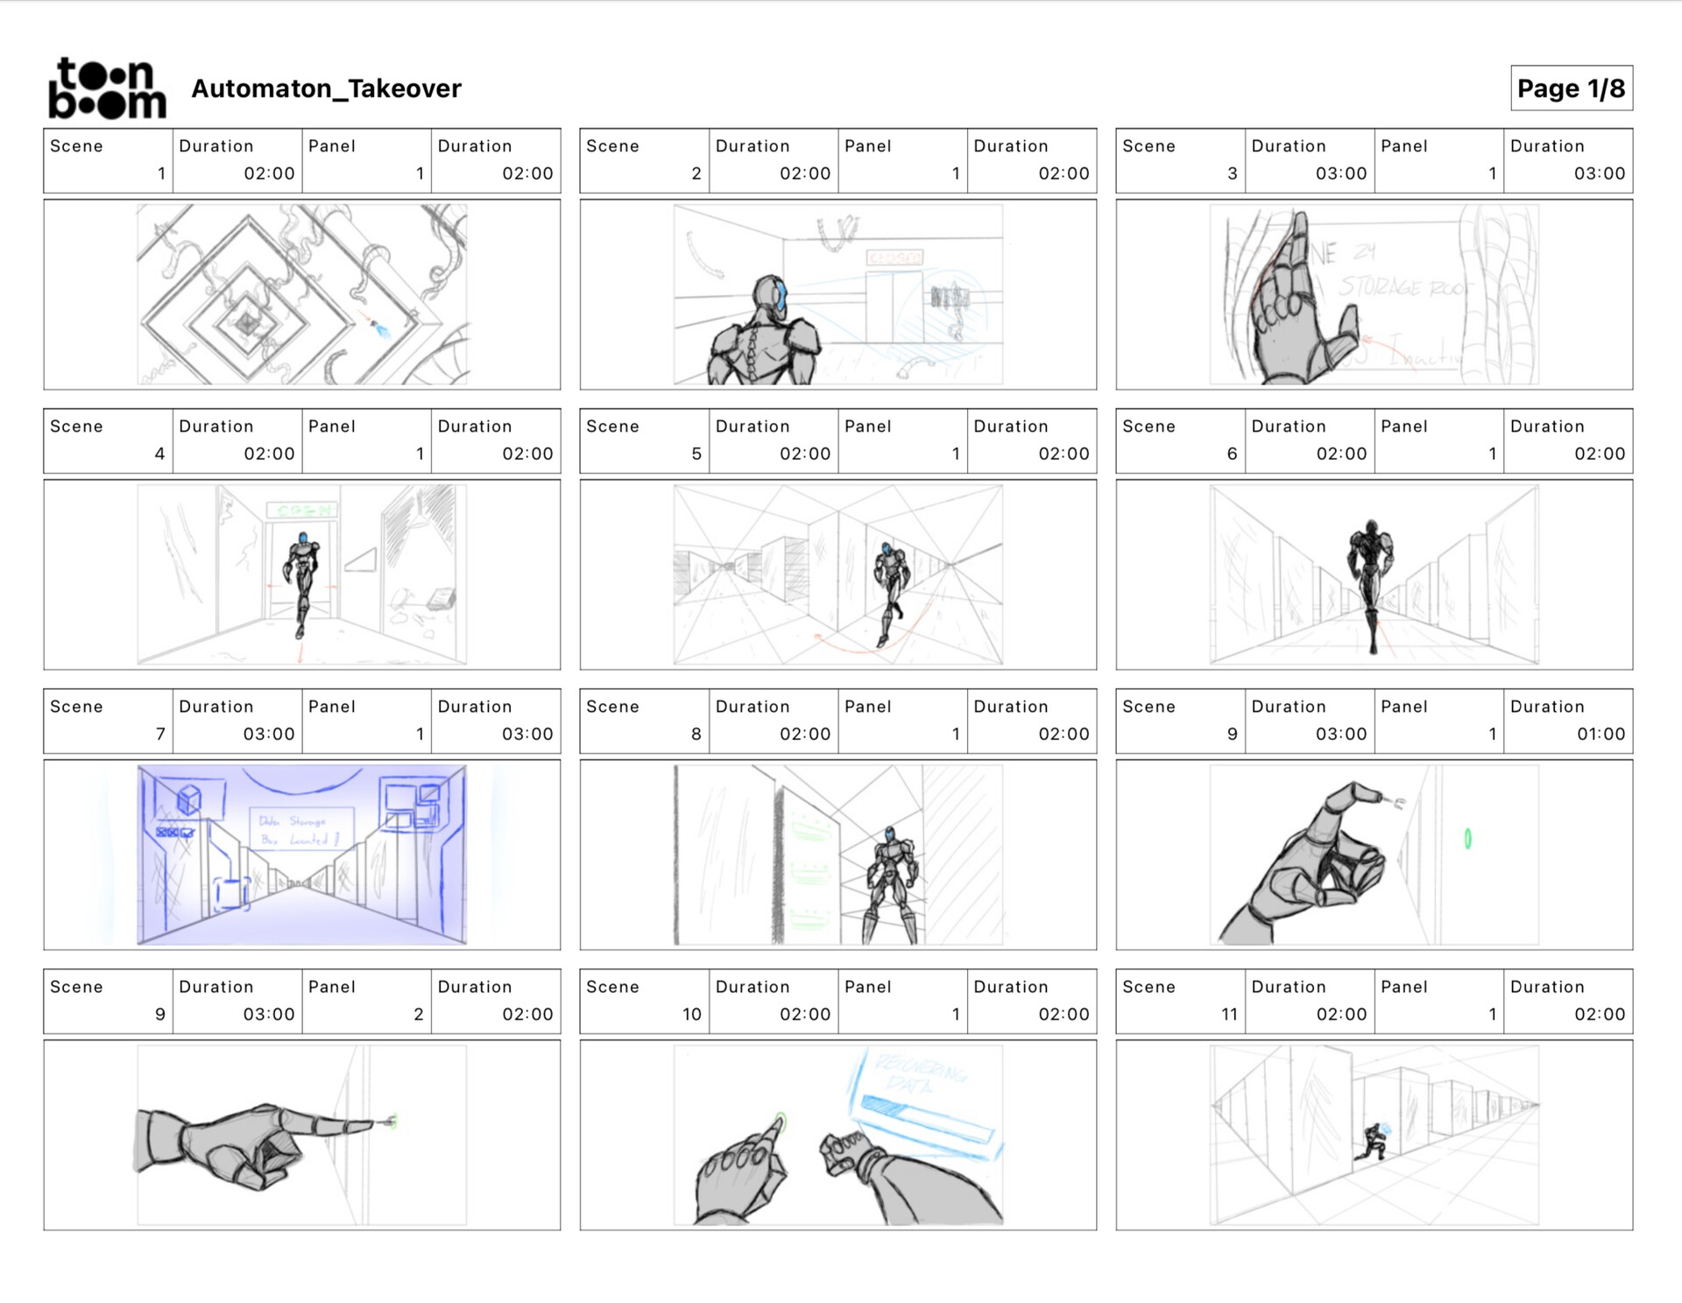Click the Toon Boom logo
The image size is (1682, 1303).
pos(107,88)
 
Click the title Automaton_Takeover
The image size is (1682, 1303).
pos(326,88)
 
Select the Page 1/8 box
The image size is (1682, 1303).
pos(1571,88)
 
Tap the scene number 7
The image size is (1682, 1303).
pos(160,734)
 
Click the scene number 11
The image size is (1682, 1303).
pos(1229,1014)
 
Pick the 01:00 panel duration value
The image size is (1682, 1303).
pos(1601,734)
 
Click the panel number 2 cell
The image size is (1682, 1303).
pos(419,1014)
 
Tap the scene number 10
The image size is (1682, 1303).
pos(692,1014)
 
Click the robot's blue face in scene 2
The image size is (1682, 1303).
pos(779,294)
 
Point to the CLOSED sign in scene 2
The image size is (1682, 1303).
pos(894,257)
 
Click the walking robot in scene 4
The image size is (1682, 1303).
pos(302,578)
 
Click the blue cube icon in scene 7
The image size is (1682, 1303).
pos(189,799)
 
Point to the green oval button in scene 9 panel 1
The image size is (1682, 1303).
pos(1467,839)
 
